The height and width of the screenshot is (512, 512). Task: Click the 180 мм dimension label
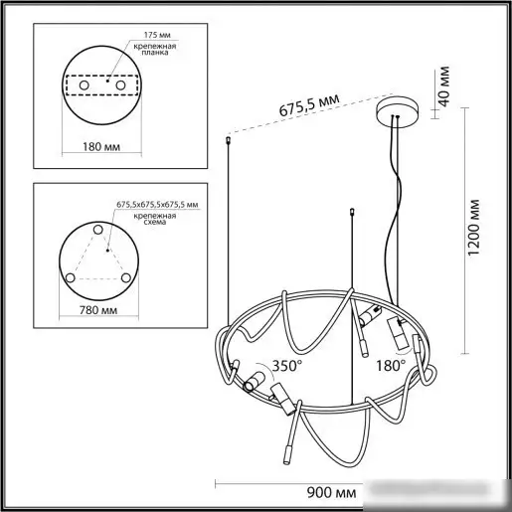101,146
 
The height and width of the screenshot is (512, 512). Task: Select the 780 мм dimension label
98,310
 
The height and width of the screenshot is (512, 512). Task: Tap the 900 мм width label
331,492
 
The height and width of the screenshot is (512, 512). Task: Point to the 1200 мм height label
474,227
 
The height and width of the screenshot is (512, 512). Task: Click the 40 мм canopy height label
443,86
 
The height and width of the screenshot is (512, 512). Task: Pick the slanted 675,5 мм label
309,105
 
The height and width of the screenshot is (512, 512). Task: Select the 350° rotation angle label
287,366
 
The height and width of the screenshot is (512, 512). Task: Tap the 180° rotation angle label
391,366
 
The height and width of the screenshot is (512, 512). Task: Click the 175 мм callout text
157,35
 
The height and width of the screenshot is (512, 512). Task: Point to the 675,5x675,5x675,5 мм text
157,205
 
